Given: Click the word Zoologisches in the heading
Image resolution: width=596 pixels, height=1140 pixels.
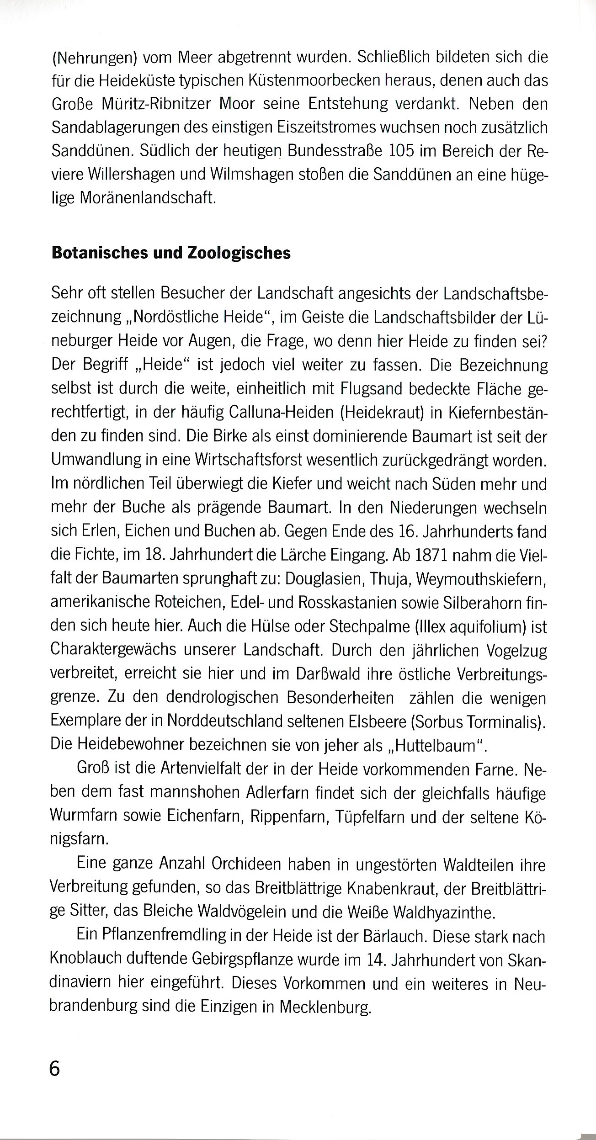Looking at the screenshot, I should click(x=239, y=253).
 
